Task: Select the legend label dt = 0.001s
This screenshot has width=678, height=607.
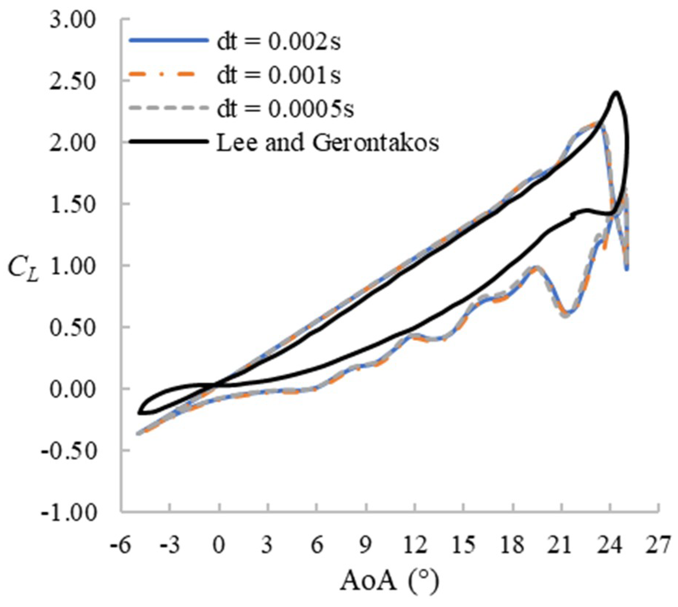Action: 279,75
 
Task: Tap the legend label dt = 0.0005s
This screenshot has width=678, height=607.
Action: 285,109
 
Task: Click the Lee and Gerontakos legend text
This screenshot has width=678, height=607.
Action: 328,142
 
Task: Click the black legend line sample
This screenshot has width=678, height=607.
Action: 169,141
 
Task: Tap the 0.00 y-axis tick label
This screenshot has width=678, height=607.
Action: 72,389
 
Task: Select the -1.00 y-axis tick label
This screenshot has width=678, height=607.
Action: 69,512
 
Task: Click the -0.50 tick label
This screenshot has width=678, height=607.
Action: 69,450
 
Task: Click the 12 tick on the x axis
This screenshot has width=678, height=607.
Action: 415,545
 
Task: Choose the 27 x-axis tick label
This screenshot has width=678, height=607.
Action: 659,545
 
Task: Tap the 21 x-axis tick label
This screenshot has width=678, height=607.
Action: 561,545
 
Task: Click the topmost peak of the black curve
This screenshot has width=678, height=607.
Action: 616,92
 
